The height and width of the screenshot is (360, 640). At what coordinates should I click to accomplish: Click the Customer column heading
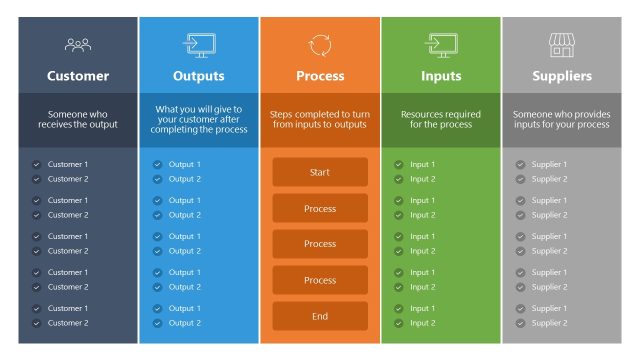(x=78, y=76)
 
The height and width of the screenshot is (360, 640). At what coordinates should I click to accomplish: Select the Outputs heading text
(x=199, y=76)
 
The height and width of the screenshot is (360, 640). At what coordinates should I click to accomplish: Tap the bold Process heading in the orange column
(x=320, y=76)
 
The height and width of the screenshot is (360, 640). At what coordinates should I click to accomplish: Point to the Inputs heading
(x=441, y=76)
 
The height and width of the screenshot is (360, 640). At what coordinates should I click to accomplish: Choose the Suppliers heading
(x=562, y=76)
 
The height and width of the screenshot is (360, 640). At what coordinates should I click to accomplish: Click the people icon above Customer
(x=78, y=44)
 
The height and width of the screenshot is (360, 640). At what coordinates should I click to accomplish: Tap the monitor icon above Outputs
(x=198, y=44)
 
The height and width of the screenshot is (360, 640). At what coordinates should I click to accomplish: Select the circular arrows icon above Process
(x=320, y=44)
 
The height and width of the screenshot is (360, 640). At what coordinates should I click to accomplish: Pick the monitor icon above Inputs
(x=441, y=44)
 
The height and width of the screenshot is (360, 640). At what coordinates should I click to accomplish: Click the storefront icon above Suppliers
(x=562, y=44)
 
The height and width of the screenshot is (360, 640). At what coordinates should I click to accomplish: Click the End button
(x=320, y=316)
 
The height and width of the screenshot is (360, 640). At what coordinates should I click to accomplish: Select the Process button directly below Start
(x=320, y=208)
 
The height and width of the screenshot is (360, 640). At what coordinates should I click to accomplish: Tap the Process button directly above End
(x=320, y=280)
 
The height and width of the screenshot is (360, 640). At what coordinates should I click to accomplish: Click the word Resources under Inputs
(x=423, y=114)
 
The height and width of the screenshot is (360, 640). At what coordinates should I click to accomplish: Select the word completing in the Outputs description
(x=189, y=130)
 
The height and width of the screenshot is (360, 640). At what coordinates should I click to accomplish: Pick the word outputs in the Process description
(x=349, y=124)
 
